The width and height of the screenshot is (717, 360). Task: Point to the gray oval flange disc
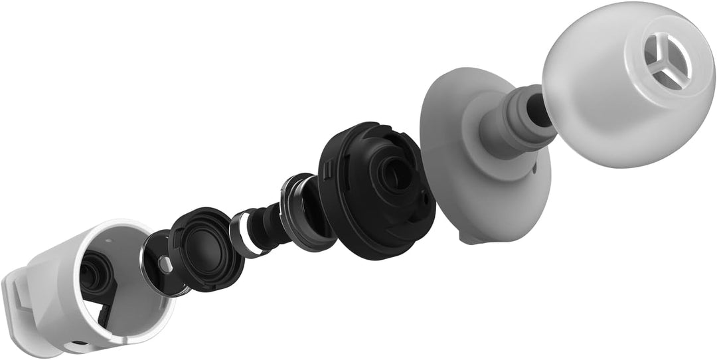pyautogui.click(x=451, y=159)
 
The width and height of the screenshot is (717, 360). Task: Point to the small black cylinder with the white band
pyautogui.click(x=256, y=229)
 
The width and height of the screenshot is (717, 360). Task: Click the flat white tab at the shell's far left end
pyautogui.click(x=20, y=299)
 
